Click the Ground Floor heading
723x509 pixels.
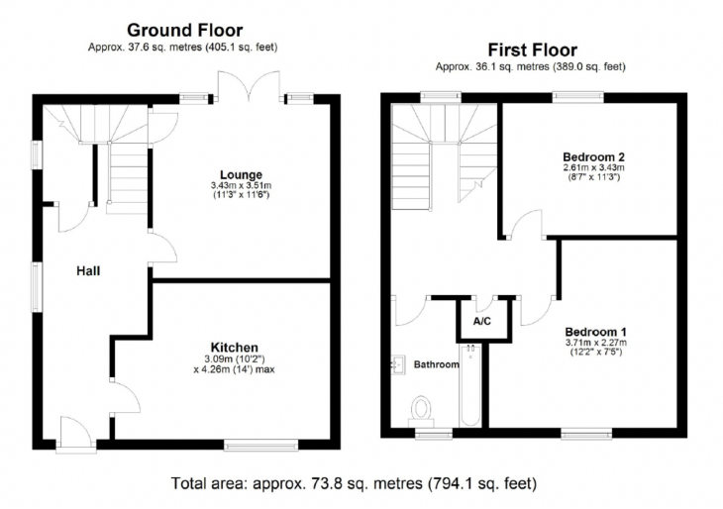185,31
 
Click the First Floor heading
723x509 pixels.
533,50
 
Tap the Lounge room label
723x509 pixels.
241,174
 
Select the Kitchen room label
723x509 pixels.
235,348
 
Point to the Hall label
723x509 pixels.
88,270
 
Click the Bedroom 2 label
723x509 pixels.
594,156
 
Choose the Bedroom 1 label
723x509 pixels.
596,332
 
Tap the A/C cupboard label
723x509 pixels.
482,321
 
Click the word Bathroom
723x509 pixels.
436,364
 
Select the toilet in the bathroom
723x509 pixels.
421,411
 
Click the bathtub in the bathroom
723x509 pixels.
470,385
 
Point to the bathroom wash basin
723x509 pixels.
398,364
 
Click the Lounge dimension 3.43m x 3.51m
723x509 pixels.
241,185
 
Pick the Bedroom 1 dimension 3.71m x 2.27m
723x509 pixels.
596,343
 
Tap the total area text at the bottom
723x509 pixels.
355,483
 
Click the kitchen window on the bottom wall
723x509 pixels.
261,445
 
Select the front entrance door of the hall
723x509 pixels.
76,436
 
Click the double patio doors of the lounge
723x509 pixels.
249,86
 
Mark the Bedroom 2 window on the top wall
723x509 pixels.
578,97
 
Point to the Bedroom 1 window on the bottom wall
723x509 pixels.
586,434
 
